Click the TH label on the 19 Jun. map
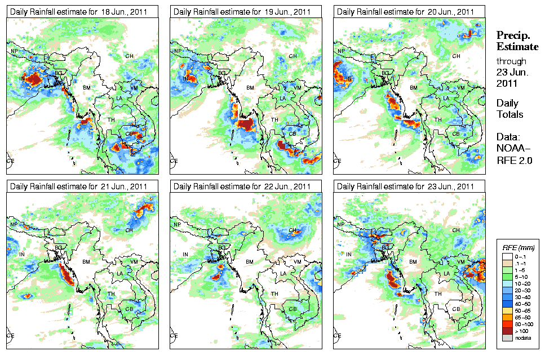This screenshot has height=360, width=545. tap(275, 119)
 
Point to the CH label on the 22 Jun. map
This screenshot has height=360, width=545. tap(293, 230)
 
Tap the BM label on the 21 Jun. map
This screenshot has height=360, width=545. tap(86, 262)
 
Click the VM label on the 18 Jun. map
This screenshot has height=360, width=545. tap(134, 88)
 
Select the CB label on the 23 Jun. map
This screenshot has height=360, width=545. tap(456, 308)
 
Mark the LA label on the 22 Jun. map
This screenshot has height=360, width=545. tap(283, 273)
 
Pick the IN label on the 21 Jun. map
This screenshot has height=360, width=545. tap(23, 255)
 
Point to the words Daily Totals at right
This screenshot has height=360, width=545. tap(509, 109)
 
